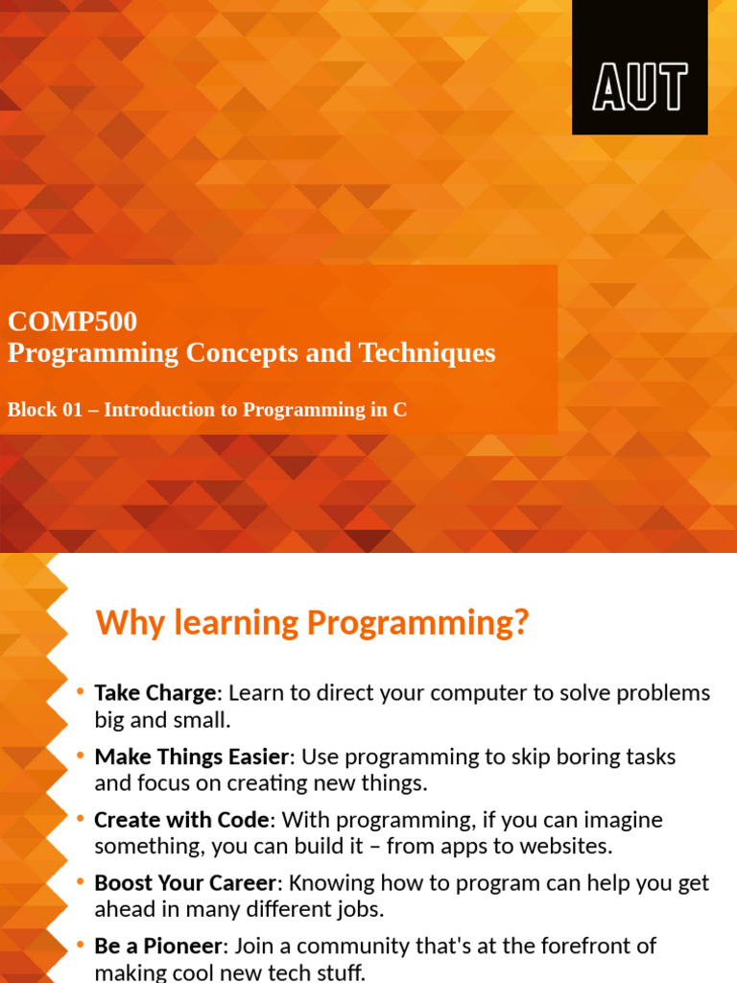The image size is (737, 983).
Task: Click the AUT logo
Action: [x=640, y=87]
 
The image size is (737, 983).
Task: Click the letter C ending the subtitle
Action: [x=400, y=410]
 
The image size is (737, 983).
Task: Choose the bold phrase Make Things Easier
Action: [x=192, y=756]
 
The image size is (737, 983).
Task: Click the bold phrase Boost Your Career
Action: [x=185, y=883]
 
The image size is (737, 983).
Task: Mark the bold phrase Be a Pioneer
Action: [x=158, y=947]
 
